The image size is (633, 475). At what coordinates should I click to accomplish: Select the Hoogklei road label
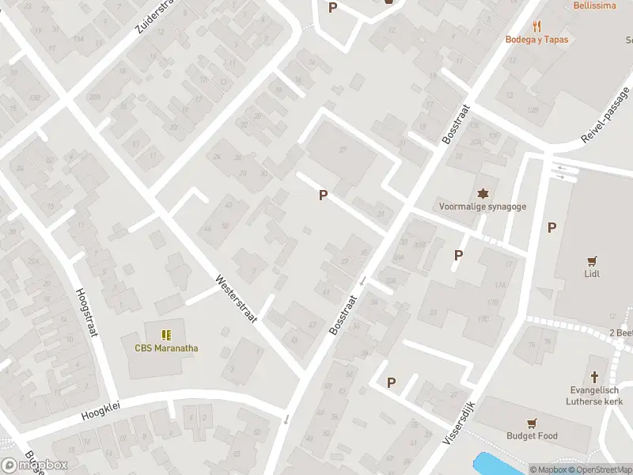coord(105,412)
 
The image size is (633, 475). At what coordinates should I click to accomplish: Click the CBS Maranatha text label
coord(166,348)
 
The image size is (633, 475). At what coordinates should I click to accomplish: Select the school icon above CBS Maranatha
coord(166,335)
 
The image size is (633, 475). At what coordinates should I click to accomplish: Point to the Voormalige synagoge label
coord(483,207)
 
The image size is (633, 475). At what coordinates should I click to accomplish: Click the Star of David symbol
coord(483,193)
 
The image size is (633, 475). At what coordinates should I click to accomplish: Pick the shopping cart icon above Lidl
coord(591,260)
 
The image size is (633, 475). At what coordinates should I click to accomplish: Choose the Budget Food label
coord(532,435)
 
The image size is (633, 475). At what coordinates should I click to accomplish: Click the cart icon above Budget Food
coord(532,422)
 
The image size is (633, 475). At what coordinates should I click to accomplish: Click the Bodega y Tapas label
coord(537,40)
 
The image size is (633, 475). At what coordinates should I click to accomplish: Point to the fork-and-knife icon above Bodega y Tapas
coord(537,26)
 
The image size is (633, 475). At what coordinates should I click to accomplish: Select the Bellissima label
coord(595,5)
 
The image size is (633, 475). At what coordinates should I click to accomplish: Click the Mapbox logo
coord(35,465)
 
